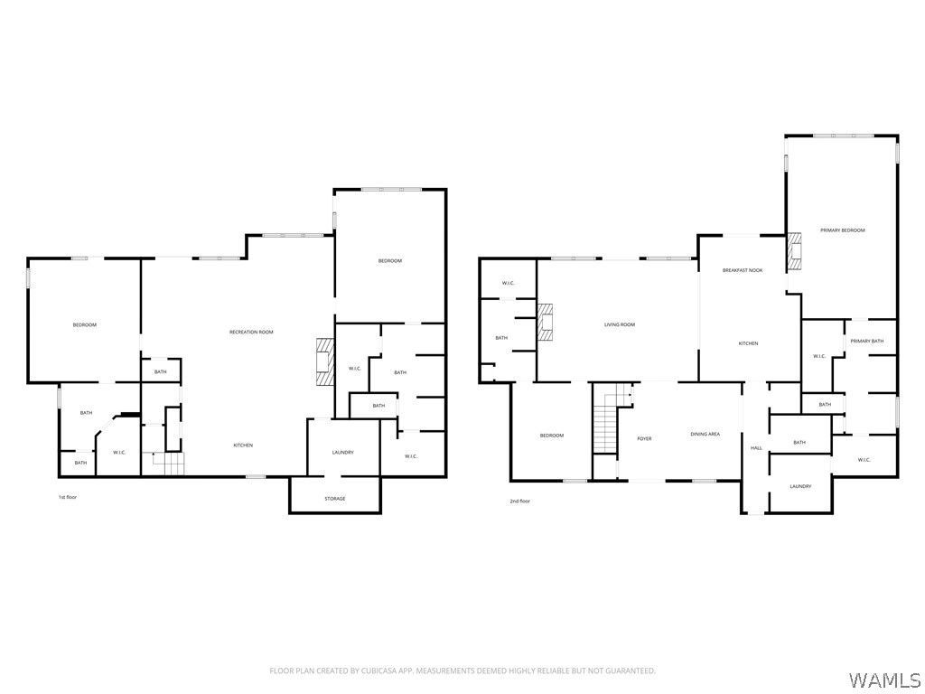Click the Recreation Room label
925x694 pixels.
click(251, 333)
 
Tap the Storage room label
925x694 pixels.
click(335, 499)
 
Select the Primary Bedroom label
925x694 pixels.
click(843, 230)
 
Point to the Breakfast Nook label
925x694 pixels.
click(743, 270)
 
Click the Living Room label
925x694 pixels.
click(620, 324)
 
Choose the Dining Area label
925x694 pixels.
click(705, 435)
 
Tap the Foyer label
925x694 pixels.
click(644, 438)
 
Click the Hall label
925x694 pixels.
click(756, 448)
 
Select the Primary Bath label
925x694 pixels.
click(866, 341)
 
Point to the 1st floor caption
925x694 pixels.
click(67, 497)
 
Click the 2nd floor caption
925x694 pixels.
click(519, 501)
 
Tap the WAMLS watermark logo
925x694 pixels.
click(885, 680)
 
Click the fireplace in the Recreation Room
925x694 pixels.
click(325, 362)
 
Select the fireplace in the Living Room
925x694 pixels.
click(546, 323)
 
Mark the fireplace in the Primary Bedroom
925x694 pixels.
click(794, 252)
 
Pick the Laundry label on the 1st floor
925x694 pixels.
click(342, 453)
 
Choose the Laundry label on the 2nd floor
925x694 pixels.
click(800, 486)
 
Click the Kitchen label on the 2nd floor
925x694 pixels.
click(749, 343)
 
